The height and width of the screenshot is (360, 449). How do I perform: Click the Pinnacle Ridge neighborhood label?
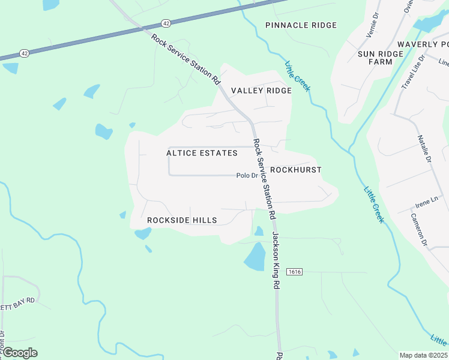click(x=301, y=25)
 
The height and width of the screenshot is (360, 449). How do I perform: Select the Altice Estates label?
click(x=202, y=153)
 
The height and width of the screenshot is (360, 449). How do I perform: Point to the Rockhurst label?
click(x=295, y=170)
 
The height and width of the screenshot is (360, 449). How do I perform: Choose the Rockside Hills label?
click(x=182, y=220)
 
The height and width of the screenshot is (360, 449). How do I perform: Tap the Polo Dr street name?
click(x=247, y=176)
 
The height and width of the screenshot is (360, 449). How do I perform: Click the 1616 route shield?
click(x=294, y=272)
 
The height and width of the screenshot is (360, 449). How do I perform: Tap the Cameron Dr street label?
click(x=419, y=230)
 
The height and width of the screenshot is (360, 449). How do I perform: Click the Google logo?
click(x=20, y=353)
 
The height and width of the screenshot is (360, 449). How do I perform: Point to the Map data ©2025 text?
click(x=423, y=355)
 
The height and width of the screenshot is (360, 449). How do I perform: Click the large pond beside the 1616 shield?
click(x=255, y=257)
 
